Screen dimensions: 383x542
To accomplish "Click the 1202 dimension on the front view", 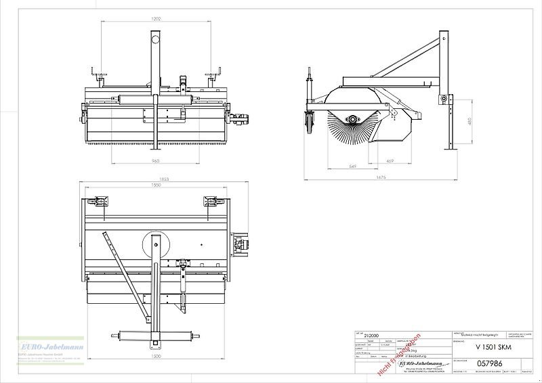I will click(x=156, y=19).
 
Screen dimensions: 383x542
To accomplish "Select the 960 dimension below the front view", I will click(x=155, y=161).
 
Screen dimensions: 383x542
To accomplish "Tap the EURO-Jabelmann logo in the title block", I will click(x=416, y=364).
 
